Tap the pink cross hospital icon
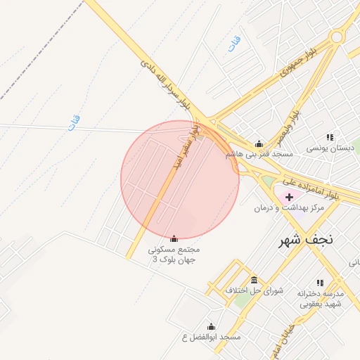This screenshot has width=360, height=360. [289, 197]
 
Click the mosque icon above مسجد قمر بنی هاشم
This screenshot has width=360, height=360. [259, 143]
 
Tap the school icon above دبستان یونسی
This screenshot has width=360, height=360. [330, 137]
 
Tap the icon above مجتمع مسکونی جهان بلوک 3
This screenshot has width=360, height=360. [174, 239]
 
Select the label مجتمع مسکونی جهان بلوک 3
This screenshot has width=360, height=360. [174, 255]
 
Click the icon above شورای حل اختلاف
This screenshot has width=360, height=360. [254, 280]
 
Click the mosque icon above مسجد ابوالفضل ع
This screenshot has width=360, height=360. [211, 326]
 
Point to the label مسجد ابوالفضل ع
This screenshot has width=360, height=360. [211, 337]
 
